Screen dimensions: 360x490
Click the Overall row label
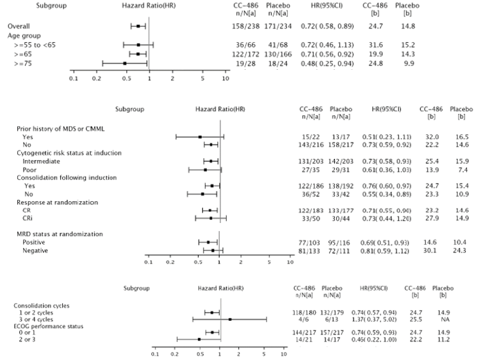(x=18, y=26)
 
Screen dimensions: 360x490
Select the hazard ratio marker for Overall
(x=138, y=26)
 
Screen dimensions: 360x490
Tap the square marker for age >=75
(x=124, y=63)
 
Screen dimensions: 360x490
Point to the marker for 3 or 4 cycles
(x=230, y=319)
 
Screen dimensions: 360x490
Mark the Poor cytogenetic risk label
(x=29, y=170)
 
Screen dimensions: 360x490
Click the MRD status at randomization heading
(x=56, y=234)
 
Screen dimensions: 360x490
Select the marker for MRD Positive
(x=208, y=242)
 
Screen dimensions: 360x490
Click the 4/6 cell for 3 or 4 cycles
(x=302, y=319)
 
